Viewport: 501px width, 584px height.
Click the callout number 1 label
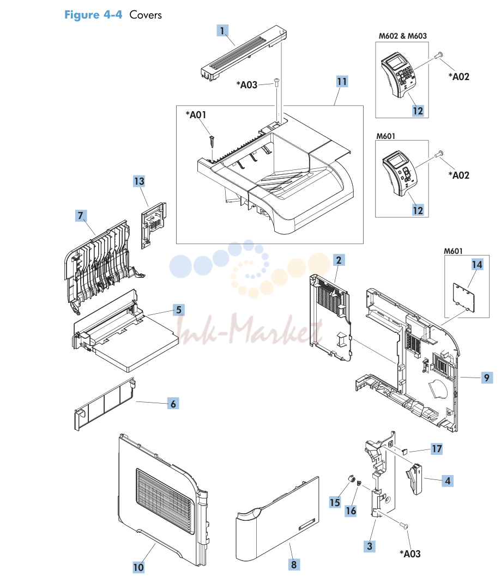(x=222, y=31)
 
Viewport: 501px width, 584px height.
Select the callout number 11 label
(x=342, y=81)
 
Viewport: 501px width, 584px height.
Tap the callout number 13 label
(x=139, y=181)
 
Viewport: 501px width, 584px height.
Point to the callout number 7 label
(x=81, y=215)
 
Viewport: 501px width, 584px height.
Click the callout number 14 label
(x=477, y=264)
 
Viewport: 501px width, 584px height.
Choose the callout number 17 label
(x=437, y=449)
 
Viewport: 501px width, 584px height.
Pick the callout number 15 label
(x=335, y=502)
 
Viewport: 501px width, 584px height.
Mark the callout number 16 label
(x=351, y=510)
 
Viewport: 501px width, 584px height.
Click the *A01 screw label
(x=196, y=115)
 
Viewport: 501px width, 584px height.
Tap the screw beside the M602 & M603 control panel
(x=438, y=56)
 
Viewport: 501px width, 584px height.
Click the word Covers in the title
(x=146, y=15)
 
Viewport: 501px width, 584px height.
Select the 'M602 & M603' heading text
(x=402, y=36)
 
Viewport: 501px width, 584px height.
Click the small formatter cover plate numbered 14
(x=464, y=297)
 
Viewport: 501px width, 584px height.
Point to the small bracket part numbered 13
(x=153, y=224)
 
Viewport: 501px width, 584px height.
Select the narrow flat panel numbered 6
(x=105, y=405)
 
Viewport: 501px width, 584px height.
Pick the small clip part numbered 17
(x=405, y=452)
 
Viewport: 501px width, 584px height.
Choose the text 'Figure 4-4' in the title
(x=93, y=15)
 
